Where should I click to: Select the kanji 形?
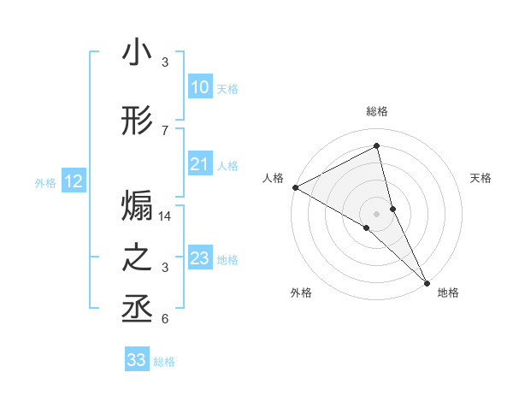click(137, 121)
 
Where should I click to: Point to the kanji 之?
click(137, 258)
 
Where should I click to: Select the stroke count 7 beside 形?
click(165, 130)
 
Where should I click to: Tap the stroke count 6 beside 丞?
click(165, 320)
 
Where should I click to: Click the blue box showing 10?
click(199, 87)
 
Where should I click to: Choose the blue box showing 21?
click(199, 165)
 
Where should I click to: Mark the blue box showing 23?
click(199, 258)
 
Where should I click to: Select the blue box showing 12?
click(73, 181)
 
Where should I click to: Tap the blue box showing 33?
click(137, 360)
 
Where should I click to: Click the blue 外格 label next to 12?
click(45, 182)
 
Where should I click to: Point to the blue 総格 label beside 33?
click(164, 362)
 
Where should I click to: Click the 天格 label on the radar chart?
click(481, 178)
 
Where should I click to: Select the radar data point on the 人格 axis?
click(295, 187)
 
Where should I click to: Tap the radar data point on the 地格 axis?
click(426, 279)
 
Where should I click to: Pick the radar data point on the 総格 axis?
click(376, 146)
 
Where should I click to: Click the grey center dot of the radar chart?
click(376, 212)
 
